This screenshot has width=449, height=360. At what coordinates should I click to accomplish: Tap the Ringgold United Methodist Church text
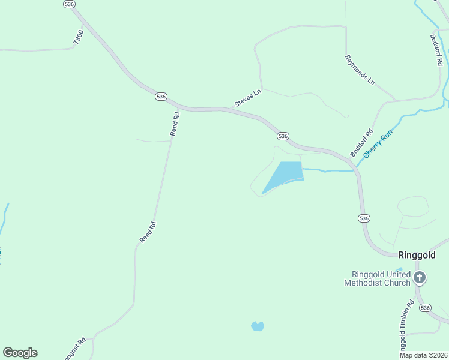click(378, 278)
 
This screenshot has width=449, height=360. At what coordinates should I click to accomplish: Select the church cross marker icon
click(420, 278)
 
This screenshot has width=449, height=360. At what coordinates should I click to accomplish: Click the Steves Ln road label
click(249, 98)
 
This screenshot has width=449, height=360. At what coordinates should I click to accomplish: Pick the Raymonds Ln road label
click(360, 70)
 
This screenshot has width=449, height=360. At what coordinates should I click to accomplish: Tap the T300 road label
click(79, 37)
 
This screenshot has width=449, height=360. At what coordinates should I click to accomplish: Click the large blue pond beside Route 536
click(283, 176)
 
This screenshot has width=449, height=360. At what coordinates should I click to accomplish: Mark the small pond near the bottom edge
click(257, 326)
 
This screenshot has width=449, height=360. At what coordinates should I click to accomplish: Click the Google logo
click(20, 353)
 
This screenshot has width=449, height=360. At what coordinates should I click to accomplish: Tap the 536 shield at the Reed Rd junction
click(160, 96)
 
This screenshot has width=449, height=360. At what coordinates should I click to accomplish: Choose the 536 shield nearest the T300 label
click(69, 4)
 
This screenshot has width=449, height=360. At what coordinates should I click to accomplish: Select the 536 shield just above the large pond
click(283, 136)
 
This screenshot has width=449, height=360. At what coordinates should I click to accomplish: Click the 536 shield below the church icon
click(425, 308)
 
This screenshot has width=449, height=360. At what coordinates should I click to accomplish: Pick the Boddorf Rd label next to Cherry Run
click(362, 143)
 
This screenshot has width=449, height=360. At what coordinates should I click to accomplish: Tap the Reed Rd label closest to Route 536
click(175, 124)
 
